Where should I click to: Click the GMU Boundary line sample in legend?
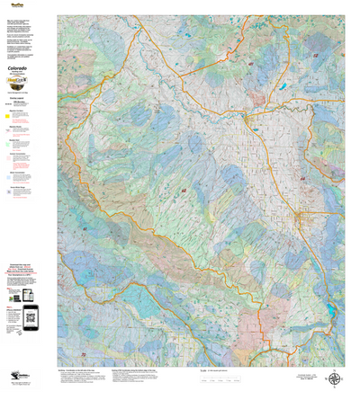pyautogui.click(x=7, y=107)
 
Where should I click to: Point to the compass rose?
pyautogui.click(x=337, y=377)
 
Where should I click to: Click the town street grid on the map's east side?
pyautogui.click(x=301, y=217)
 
